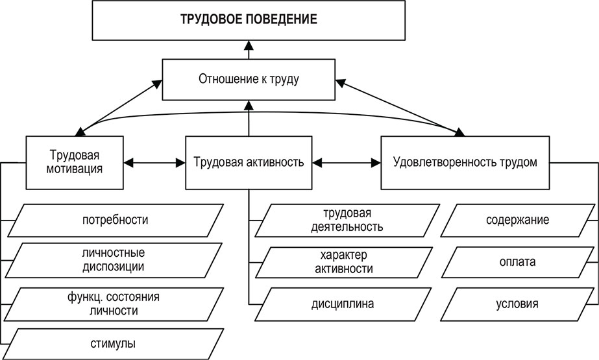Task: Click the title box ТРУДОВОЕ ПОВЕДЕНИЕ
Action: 249,20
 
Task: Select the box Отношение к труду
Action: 249,80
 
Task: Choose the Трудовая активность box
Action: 249,162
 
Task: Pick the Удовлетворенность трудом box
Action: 465,162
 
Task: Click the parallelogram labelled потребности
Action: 116,219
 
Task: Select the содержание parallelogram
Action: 517,219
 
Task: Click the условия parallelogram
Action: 517,303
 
